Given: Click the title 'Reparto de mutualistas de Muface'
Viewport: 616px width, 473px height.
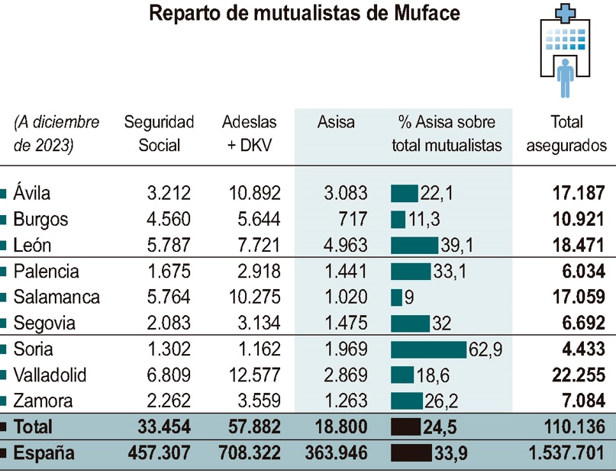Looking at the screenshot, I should (x=305, y=14).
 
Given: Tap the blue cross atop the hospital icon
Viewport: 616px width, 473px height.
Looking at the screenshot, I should (x=566, y=11).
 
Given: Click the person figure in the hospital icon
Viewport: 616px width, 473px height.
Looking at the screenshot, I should (x=566, y=76).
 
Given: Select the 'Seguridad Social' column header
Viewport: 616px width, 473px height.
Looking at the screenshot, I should (x=159, y=134).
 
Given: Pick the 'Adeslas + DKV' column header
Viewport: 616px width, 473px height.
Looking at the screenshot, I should (x=249, y=134).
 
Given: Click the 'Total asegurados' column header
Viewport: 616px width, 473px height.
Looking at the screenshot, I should (x=566, y=134).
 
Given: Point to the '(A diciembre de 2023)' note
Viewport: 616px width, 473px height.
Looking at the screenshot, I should (x=56, y=134).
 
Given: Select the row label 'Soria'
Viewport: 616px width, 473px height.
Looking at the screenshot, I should (x=34, y=349).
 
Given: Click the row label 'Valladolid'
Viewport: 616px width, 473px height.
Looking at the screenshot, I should (x=50, y=375).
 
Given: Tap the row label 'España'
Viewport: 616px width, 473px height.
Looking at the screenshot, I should (x=44, y=453).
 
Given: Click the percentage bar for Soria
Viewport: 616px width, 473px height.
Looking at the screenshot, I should (x=428, y=349).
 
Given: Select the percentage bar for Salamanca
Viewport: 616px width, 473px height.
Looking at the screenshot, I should (x=396, y=297).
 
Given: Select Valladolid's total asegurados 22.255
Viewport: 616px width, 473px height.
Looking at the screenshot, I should (x=579, y=375).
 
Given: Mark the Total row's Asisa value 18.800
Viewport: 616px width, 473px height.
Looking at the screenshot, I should (x=342, y=426).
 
